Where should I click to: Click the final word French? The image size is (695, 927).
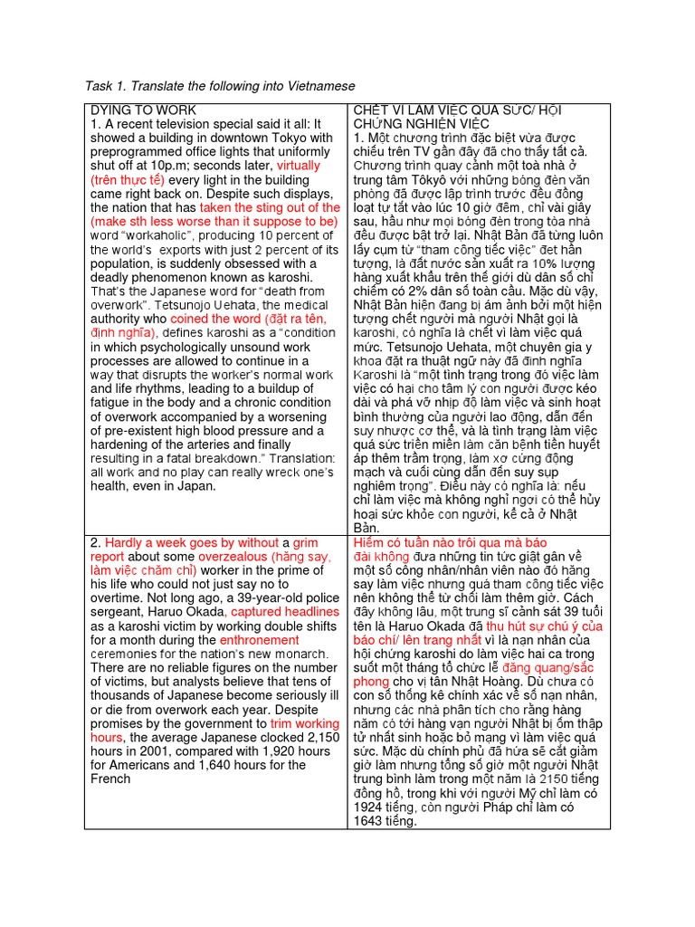click(110, 779)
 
